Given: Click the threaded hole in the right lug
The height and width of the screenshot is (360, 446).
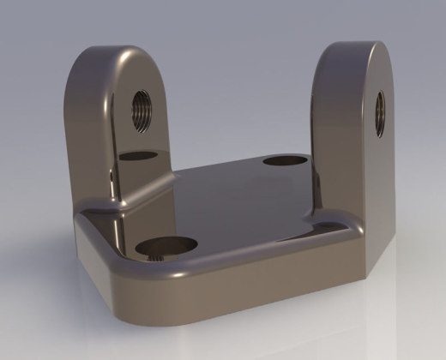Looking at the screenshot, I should [379, 114].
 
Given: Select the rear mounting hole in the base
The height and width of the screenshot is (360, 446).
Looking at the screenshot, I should [285, 160].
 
